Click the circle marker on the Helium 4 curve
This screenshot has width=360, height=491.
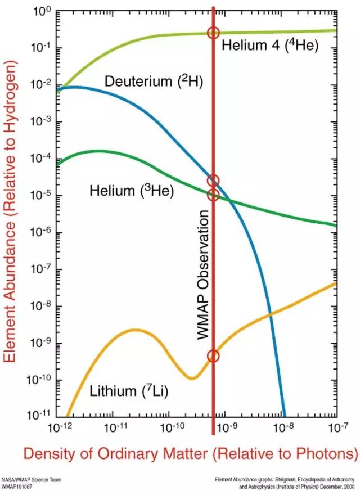click(x=213, y=33)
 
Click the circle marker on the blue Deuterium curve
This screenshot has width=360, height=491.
click(x=213, y=181)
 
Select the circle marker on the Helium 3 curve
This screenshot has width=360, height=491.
click(x=213, y=195)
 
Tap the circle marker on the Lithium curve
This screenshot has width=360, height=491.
click(x=213, y=355)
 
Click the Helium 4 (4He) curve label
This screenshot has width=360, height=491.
click(x=270, y=45)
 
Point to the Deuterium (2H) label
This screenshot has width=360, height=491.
click(x=154, y=81)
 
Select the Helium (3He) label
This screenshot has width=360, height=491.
click(x=132, y=191)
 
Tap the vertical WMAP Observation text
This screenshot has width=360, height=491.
click(x=203, y=274)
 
